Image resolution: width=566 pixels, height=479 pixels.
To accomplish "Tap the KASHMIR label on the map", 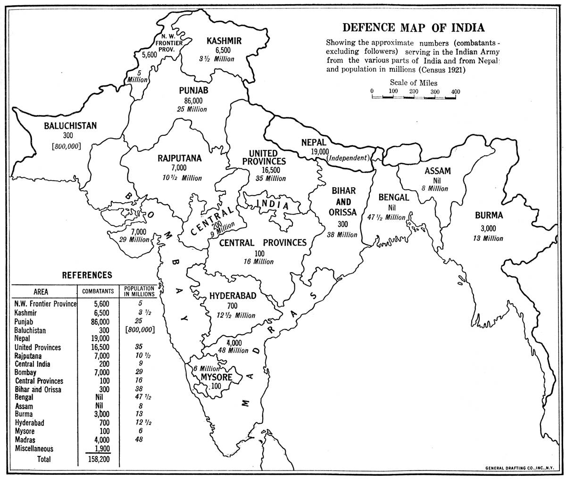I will [x=224, y=41].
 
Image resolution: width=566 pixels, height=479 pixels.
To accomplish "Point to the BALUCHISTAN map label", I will [x=70, y=126].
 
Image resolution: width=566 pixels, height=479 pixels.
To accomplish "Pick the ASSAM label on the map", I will [x=437, y=171].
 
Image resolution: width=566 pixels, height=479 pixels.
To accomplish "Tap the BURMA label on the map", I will [x=489, y=216].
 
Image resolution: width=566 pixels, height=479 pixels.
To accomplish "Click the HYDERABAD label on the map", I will [x=233, y=296].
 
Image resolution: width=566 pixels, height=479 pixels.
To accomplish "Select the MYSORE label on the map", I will [x=216, y=377].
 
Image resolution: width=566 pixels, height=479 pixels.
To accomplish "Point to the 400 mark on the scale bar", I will [x=455, y=91].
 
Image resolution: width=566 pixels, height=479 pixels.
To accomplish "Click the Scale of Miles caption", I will [x=413, y=83].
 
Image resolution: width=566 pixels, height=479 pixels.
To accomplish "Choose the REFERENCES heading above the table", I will [x=87, y=275].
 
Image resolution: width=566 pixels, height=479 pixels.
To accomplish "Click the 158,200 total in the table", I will [x=98, y=459].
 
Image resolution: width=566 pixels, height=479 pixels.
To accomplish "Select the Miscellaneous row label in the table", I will [x=34, y=449].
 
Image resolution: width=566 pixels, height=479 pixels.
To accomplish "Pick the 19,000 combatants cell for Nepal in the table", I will [x=98, y=339].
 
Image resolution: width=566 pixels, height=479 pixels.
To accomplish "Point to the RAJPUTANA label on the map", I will [x=179, y=158].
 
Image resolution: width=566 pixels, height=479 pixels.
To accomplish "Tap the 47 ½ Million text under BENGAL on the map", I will [x=386, y=217].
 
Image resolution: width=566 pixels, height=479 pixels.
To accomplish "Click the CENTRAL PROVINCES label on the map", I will [x=263, y=243].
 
